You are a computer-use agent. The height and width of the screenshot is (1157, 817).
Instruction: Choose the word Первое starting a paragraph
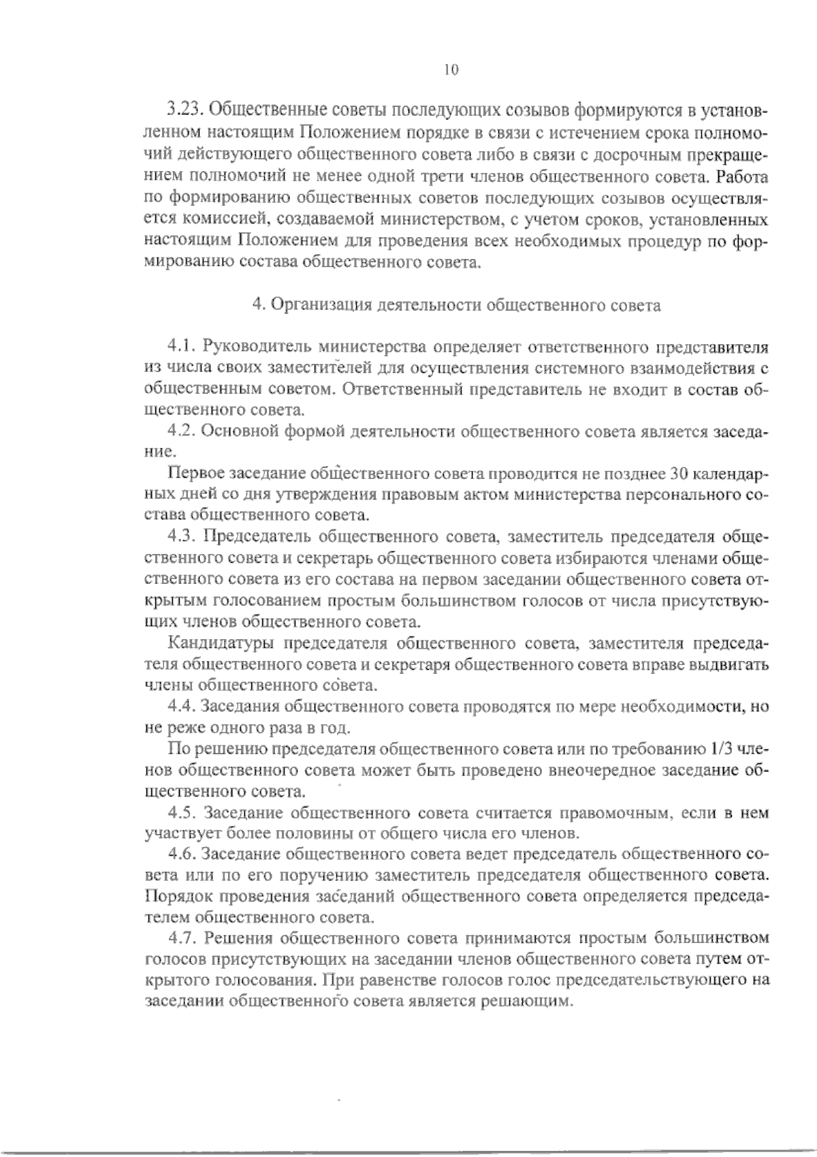tap(195, 474)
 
